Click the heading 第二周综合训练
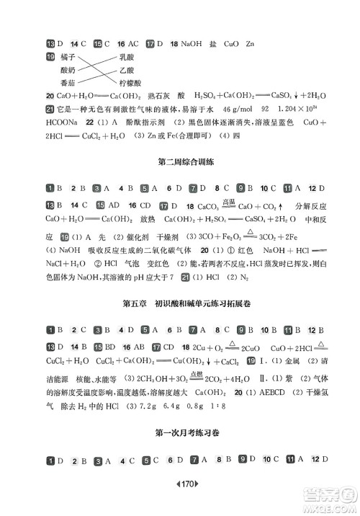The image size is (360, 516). [x=179, y=163]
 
